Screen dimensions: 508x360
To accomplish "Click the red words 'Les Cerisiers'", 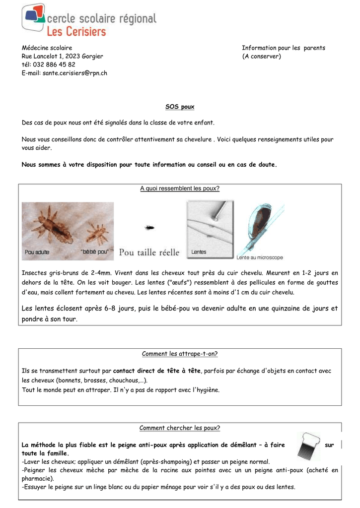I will [76, 32].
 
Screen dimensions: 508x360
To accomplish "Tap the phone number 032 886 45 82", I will [54, 64].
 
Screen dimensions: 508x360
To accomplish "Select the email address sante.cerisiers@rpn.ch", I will [74, 73].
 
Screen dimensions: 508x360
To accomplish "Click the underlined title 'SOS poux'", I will [180, 107].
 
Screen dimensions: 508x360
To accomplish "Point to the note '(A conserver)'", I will [261, 56].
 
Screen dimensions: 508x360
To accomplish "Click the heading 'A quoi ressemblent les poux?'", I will [180, 189].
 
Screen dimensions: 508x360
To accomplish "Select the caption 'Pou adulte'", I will [37, 252].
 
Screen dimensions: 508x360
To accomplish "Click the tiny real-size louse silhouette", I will [148, 228].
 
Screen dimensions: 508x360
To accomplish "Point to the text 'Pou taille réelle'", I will [149, 253].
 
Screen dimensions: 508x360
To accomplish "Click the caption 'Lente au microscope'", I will [260, 257].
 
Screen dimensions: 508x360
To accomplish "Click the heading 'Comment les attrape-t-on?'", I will [180, 354].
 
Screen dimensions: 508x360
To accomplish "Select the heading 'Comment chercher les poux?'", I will [180, 428].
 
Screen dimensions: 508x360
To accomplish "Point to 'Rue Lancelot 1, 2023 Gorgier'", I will [63, 56].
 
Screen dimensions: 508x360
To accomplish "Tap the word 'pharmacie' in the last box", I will [37, 479].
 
